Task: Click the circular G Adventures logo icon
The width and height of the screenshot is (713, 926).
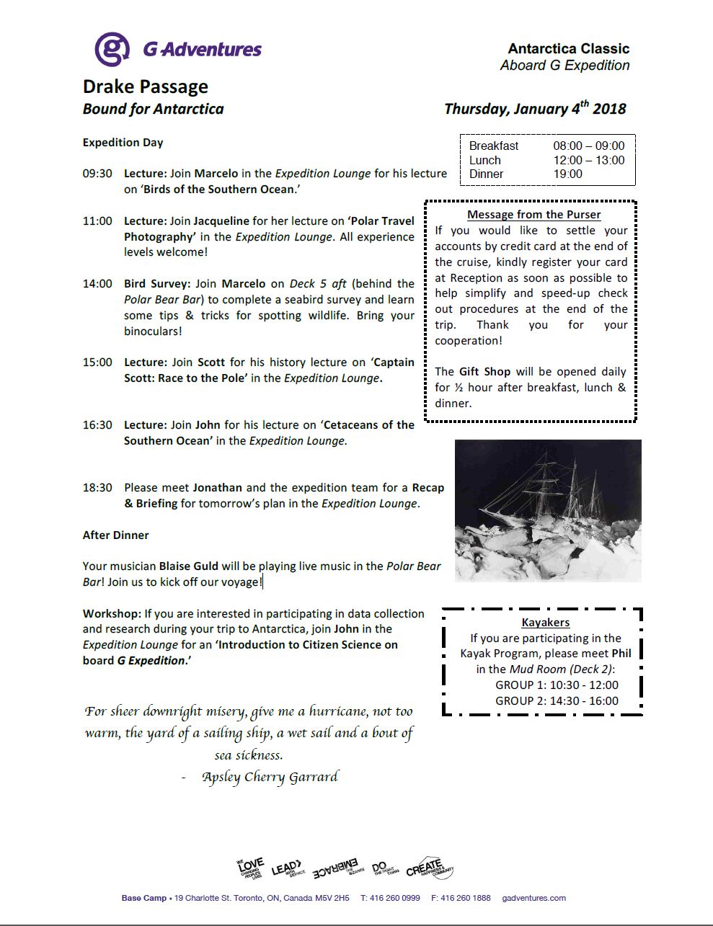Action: (112, 50)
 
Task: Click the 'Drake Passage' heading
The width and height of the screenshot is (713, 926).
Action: (146, 87)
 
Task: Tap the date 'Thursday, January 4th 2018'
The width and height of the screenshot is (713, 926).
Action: (535, 109)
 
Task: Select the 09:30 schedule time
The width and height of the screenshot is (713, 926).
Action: (97, 174)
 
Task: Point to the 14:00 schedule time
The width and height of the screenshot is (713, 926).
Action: (97, 284)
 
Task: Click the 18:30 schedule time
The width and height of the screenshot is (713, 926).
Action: (97, 488)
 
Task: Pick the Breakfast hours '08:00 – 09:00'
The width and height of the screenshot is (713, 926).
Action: (588, 146)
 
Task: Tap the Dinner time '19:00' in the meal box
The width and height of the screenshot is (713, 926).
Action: (567, 174)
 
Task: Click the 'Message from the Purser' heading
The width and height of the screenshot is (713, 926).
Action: (534, 214)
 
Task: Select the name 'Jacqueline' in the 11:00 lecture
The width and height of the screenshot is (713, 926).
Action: (221, 221)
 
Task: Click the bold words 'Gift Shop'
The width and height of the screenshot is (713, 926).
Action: (484, 372)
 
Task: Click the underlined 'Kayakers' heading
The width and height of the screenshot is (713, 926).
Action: (546, 622)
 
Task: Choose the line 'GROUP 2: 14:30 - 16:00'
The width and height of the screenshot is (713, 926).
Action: (557, 700)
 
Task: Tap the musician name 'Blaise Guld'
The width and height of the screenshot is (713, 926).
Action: (188, 566)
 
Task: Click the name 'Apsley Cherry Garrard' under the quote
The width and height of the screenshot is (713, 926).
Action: (270, 777)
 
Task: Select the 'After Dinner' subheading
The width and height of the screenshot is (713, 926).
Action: (115, 535)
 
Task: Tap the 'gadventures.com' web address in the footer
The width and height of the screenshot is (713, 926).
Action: (534, 898)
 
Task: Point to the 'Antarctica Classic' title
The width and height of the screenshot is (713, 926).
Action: (569, 48)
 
